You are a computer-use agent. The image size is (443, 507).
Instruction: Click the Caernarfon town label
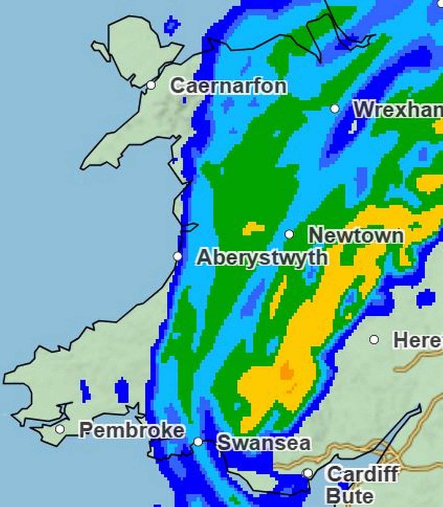pos(228,86)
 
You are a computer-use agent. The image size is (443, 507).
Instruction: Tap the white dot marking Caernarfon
pos(151,85)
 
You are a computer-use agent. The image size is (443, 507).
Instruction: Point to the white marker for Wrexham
pos(335,109)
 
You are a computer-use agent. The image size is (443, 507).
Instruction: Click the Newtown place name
pos(356,236)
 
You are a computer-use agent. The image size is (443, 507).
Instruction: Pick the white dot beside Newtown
pos(289,234)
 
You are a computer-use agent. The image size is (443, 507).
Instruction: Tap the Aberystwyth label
pos(262,257)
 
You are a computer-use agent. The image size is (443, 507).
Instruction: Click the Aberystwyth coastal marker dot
pos(178,256)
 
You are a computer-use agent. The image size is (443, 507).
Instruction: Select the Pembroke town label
pos(132,430)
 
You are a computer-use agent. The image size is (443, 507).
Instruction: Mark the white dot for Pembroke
pos(60,429)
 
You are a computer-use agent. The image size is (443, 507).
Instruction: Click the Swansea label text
pos(264,443)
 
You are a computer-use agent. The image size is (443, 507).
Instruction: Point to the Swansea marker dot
pos(198,442)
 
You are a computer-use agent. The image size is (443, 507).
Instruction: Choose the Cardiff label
pos(363,474)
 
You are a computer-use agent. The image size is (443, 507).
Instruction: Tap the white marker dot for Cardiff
pos(308,473)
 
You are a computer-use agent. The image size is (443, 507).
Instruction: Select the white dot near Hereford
pos(374,339)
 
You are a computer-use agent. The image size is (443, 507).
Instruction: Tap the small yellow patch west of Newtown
pos(253,228)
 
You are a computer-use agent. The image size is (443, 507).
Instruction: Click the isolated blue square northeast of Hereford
pos(426,298)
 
